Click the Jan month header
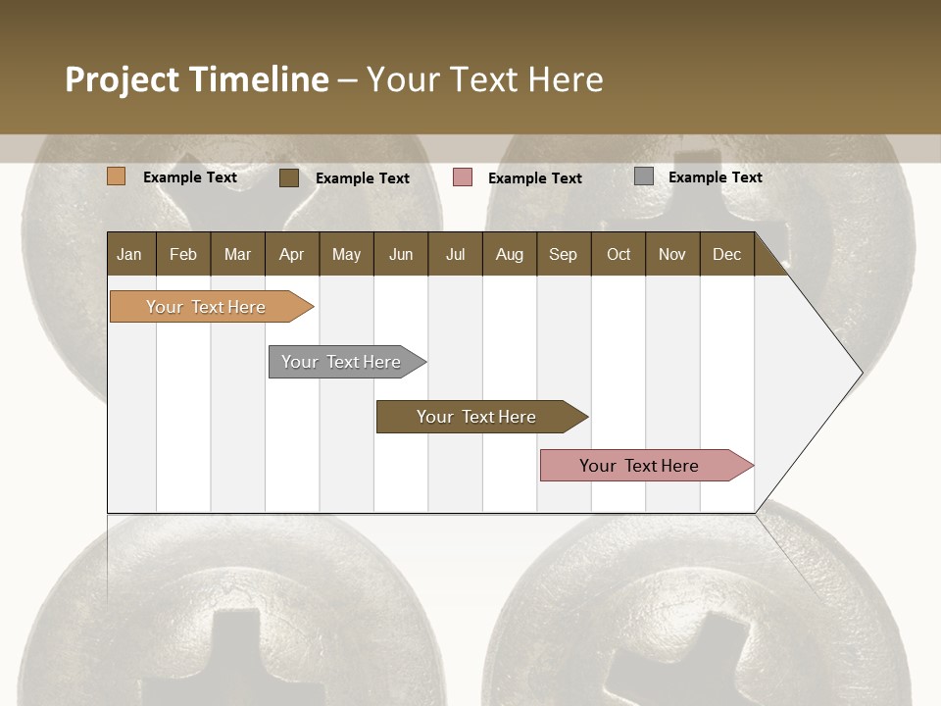point(130,254)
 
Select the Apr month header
point(292,254)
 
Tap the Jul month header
point(455,254)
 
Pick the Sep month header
point(564,254)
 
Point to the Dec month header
point(726,254)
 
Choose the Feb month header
point(183,254)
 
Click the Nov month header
point(672,254)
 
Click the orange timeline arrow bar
point(207,307)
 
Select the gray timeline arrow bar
point(342,362)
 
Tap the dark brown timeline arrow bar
point(477,417)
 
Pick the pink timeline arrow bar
point(640,466)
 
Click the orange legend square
point(117,176)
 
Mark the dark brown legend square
point(289,177)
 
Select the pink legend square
point(463,177)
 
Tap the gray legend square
point(644,176)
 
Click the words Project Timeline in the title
point(196,79)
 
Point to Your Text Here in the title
point(485,79)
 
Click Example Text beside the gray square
point(715,177)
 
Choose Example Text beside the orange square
point(190,177)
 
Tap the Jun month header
point(401,254)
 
